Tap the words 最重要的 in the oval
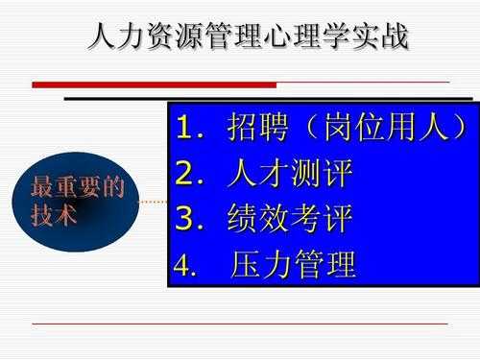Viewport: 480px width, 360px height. [78, 187]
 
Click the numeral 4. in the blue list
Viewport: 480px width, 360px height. [185, 266]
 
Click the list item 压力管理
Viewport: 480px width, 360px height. [294, 265]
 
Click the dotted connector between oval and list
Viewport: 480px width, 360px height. [153, 203]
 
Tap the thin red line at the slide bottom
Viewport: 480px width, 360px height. [240, 324]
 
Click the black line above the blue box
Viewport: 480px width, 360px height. [269, 98]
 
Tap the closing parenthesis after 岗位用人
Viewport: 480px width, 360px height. [459, 128]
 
